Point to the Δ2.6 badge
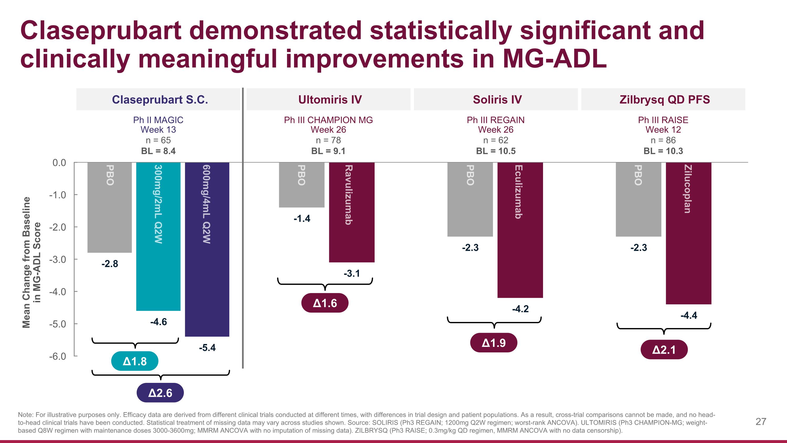tap(160, 393)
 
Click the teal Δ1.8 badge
tap(135, 361)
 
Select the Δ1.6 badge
tap(325, 303)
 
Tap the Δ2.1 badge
tap(664, 350)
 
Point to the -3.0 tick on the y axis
tap(58, 259)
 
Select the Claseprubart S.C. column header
tap(160, 99)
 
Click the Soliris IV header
tap(497, 99)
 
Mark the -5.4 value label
tap(207, 348)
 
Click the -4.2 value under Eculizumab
tap(520, 309)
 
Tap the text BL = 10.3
tap(663, 151)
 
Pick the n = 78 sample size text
tap(328, 140)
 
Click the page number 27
tap(761, 422)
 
